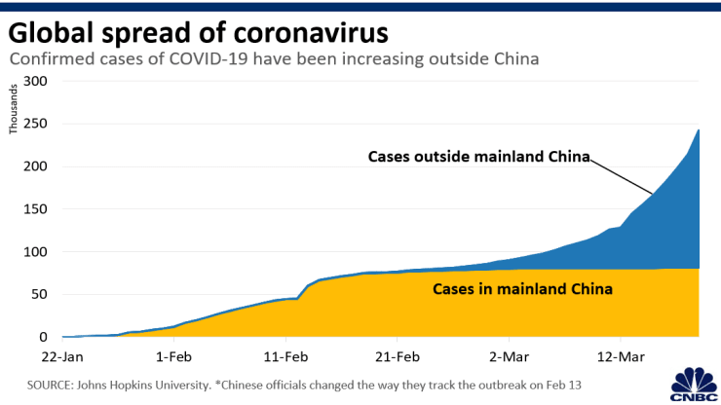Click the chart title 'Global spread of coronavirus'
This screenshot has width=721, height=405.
click(199, 31)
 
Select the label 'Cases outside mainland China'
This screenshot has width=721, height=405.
click(479, 157)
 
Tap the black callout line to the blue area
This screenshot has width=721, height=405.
click(624, 176)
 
